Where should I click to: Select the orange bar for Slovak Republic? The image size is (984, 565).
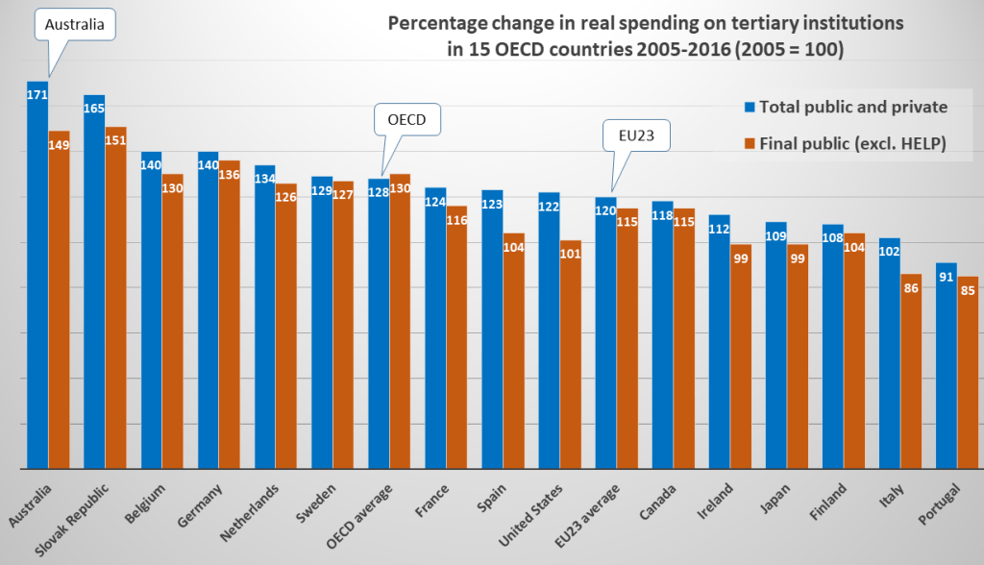(x=115, y=298)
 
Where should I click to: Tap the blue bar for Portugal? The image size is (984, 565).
(x=947, y=365)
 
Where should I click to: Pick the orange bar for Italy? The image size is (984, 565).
(x=911, y=371)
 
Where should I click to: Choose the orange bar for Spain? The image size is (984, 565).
(x=514, y=351)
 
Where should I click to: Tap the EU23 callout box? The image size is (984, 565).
(x=634, y=136)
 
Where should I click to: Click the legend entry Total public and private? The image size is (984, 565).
(x=847, y=106)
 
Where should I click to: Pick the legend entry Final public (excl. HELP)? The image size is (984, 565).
(x=847, y=143)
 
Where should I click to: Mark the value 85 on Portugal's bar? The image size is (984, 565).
(x=968, y=290)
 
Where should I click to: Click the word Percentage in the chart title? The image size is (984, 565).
(x=432, y=22)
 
